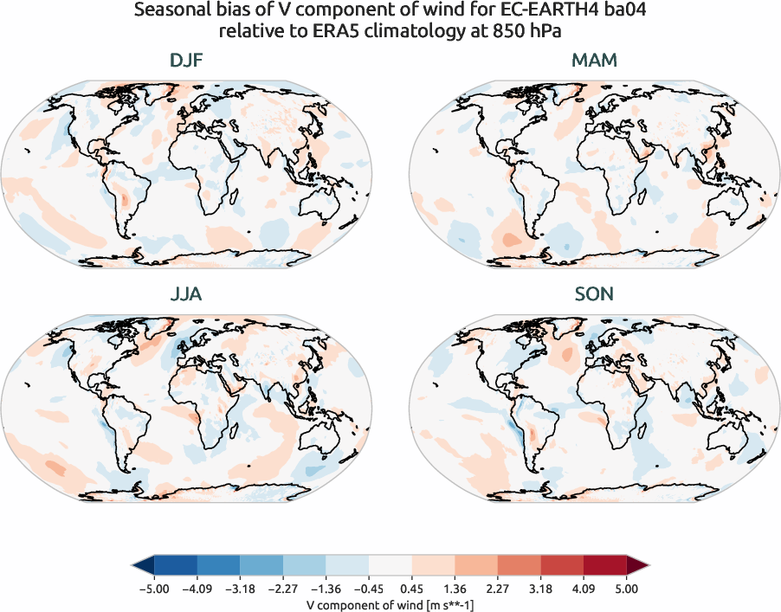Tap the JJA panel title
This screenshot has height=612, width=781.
tap(188, 294)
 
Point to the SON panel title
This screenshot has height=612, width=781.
tap(594, 294)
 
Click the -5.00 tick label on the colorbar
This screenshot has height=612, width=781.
tap(152, 589)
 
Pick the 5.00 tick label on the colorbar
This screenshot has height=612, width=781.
tap(627, 589)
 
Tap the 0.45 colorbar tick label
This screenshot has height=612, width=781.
tap(411, 589)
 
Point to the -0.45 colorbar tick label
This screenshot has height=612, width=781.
tap(368, 589)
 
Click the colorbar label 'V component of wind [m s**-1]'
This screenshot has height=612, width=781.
tap(390, 605)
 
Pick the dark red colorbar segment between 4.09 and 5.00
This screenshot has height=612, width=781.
tap(605, 566)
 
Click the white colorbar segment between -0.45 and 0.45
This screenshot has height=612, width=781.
tap(390, 566)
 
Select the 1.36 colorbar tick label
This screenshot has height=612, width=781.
tap(455, 589)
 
